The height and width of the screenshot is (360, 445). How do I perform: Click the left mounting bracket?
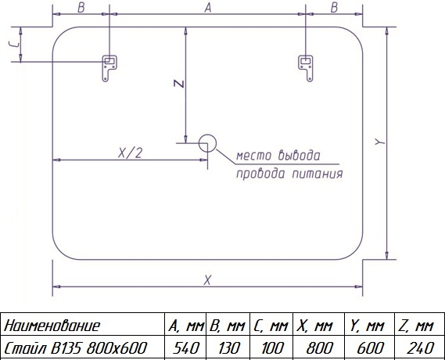(106, 67)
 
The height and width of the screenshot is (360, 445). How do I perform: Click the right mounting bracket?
(308, 67)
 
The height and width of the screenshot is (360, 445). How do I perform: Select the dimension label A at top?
(208, 8)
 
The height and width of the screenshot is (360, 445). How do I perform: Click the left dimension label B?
(81, 8)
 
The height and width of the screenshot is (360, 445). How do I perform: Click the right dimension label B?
(334, 8)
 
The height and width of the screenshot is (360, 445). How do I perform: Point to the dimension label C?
(14, 44)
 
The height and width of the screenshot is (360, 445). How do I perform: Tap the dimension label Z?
(179, 84)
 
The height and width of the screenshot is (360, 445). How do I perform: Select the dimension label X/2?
(131, 153)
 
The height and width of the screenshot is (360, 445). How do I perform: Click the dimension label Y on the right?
(380, 142)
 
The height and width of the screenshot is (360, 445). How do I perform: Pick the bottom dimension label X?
(207, 280)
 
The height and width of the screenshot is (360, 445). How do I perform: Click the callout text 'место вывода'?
(278, 155)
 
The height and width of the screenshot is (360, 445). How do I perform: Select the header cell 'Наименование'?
(52, 326)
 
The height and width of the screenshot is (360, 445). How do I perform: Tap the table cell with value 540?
(186, 347)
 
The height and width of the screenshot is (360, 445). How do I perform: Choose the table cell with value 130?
(228, 347)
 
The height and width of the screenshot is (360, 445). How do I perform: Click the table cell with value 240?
(420, 347)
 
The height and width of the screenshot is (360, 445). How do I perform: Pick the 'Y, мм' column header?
(367, 326)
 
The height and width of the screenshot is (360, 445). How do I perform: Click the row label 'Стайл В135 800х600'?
(75, 347)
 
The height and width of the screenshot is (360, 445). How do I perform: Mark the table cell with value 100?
(271, 347)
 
